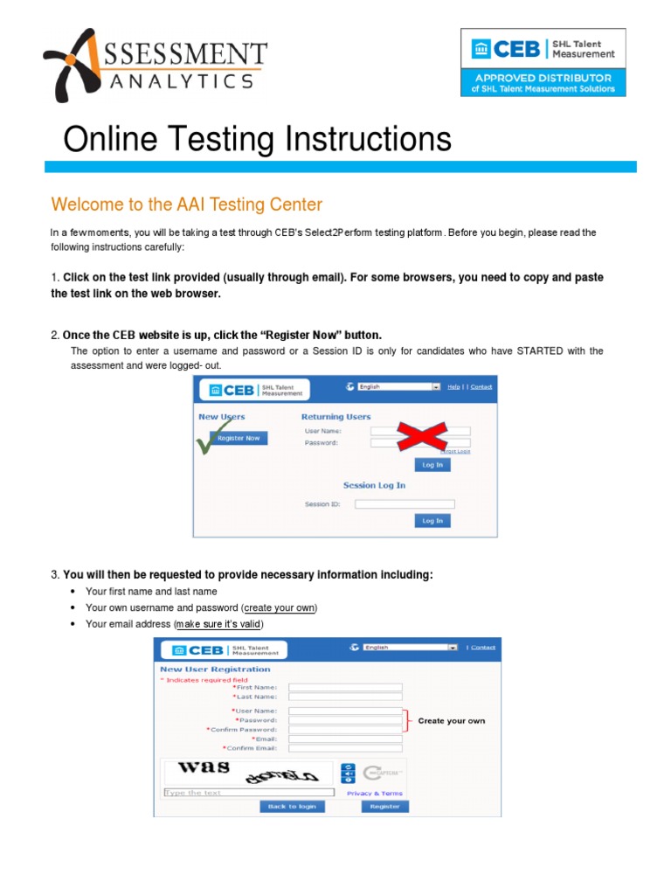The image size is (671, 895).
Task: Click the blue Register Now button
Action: [239, 438]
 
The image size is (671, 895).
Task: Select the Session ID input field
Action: [405, 504]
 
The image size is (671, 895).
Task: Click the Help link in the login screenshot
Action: [453, 386]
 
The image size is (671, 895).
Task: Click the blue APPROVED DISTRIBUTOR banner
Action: [543, 83]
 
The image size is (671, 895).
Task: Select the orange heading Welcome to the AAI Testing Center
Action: [187, 205]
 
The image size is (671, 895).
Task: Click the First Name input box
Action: [345, 688]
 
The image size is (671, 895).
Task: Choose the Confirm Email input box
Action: [345, 748]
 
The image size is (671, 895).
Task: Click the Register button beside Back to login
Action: [384, 807]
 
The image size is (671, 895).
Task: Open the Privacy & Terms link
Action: [375, 794]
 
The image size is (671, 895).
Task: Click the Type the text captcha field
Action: [249, 793]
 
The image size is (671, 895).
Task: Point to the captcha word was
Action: [204, 767]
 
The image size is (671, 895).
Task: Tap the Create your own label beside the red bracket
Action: [451, 721]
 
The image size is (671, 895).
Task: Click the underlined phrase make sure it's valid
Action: [218, 624]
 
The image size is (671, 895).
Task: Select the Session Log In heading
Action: [374, 485]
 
